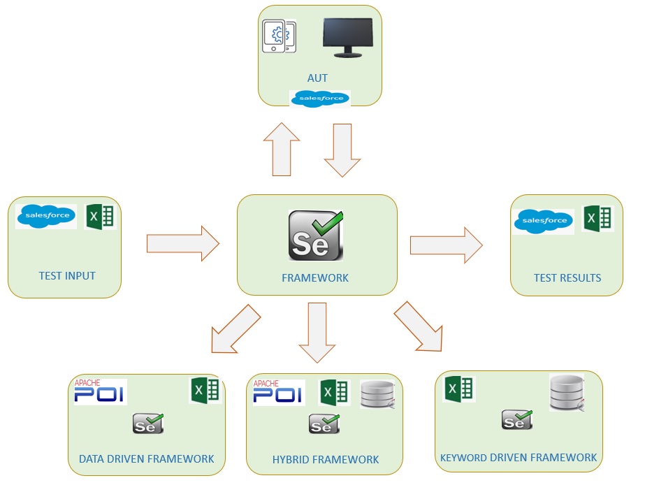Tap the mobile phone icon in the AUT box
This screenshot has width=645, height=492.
tap(278, 36)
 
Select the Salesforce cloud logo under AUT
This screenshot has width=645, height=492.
tap(320, 99)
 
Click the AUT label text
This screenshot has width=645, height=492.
tap(317, 78)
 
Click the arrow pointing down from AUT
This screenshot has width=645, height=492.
tap(342, 150)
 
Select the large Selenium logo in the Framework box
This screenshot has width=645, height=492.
tap(317, 236)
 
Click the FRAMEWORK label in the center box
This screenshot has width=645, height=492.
tap(315, 277)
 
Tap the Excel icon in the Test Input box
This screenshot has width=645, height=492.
tap(99, 217)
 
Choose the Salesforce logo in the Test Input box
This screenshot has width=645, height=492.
tap(47, 216)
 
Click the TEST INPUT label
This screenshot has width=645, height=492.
tap(67, 275)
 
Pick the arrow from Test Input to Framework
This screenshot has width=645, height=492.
tap(182, 244)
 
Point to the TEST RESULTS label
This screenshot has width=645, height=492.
tap(567, 277)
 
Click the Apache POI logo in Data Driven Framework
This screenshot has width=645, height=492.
tap(100, 391)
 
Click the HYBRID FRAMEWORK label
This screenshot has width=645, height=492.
tap(326, 459)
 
